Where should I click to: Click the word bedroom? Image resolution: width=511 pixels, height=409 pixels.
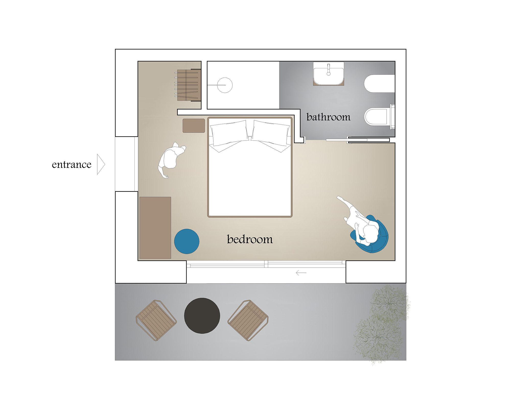click(x=250, y=239)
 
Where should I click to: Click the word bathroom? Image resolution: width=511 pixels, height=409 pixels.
click(x=328, y=117)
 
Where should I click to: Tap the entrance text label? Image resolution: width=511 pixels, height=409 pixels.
click(x=72, y=164)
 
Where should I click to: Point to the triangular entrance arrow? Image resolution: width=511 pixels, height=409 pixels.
click(x=101, y=164)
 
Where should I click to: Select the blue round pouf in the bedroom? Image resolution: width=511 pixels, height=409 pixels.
click(x=187, y=241)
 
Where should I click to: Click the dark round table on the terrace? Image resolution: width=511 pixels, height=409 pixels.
click(x=202, y=316)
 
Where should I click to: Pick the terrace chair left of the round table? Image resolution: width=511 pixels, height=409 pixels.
click(x=156, y=320)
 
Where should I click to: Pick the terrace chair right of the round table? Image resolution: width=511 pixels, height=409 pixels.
click(x=248, y=320)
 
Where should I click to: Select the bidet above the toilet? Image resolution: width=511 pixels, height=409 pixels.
click(x=379, y=84)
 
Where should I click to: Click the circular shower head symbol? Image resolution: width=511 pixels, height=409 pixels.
click(x=225, y=85)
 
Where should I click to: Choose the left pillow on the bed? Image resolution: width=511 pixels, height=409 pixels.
click(x=229, y=135)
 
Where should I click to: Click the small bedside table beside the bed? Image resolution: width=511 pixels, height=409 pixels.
click(x=194, y=126)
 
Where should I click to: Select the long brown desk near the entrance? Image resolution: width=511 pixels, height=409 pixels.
click(x=155, y=228)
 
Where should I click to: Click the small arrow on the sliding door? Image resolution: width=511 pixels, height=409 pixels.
click(x=301, y=273)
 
